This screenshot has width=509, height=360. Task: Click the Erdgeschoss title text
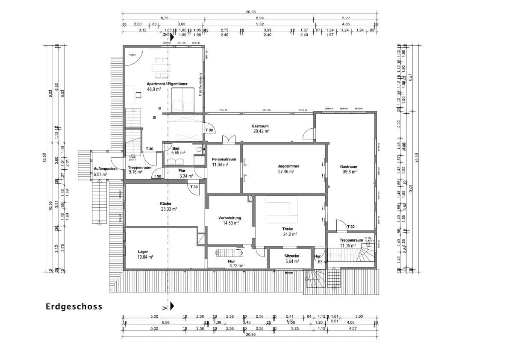click(74, 307)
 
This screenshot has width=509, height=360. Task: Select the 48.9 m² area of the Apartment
click(154, 89)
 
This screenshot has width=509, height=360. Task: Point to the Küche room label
click(166, 204)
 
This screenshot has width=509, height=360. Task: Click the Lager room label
click(143, 251)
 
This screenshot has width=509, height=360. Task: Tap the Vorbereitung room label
click(229, 218)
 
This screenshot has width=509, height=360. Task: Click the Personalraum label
click(224, 159)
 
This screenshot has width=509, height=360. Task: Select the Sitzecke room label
click(292, 256)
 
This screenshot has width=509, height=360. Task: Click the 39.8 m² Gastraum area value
click(348, 172)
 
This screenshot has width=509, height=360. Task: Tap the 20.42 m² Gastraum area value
click(261, 132)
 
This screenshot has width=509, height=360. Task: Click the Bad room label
click(176, 148)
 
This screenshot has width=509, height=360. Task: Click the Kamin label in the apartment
click(132, 55)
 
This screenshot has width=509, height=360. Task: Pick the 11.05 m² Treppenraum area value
click(348, 246)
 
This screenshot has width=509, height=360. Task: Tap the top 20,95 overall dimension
click(250, 12)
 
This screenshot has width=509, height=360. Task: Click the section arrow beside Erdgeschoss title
click(172, 306)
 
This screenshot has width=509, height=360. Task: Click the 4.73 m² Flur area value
click(235, 265)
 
